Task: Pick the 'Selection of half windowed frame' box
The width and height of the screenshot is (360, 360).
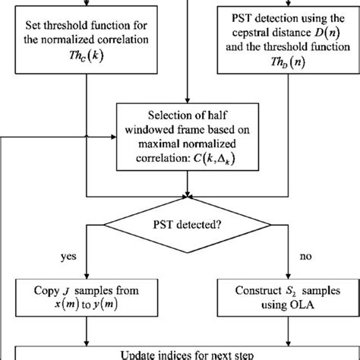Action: click(x=180, y=136)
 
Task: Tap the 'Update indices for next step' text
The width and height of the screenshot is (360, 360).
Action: click(x=180, y=352)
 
